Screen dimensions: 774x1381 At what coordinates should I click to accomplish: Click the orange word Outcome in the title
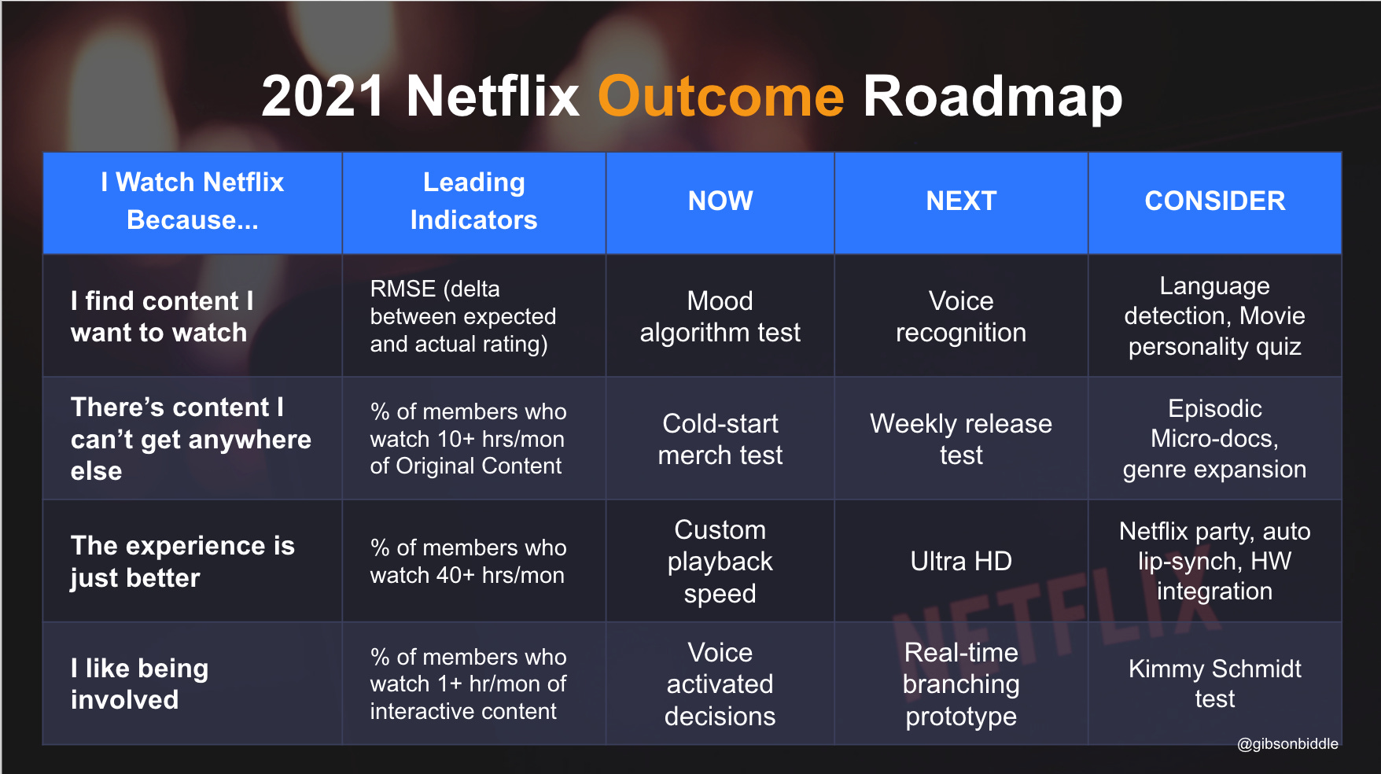click(720, 97)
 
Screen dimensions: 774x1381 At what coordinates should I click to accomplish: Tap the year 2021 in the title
click(323, 97)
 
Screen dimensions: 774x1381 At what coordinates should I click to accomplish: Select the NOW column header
click(720, 201)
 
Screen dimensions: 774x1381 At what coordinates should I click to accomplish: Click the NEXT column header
click(961, 201)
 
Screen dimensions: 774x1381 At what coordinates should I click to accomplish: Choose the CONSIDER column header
click(1214, 201)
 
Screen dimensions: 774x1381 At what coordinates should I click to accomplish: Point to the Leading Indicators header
click(473, 201)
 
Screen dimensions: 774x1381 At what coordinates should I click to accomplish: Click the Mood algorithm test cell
click(720, 316)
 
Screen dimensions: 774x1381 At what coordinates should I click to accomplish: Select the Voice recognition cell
click(961, 316)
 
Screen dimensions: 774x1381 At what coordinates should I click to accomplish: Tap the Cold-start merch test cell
click(720, 439)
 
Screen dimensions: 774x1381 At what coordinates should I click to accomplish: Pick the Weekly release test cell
click(961, 439)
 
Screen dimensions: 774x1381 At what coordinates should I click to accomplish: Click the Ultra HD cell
click(961, 561)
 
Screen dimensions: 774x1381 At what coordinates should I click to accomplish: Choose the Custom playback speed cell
click(720, 561)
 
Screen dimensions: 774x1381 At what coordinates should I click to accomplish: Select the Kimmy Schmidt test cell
click(1214, 684)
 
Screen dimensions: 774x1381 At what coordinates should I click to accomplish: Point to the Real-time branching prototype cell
click(961, 684)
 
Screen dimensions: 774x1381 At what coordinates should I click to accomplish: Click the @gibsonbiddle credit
click(1287, 743)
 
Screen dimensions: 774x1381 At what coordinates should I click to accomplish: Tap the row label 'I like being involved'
click(139, 684)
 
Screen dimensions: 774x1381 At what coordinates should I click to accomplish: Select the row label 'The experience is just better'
click(182, 561)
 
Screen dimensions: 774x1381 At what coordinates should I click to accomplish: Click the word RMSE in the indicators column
click(403, 289)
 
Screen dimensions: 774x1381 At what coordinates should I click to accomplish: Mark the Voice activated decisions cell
click(720, 684)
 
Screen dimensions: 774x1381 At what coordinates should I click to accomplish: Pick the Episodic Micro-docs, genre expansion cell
click(1214, 439)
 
